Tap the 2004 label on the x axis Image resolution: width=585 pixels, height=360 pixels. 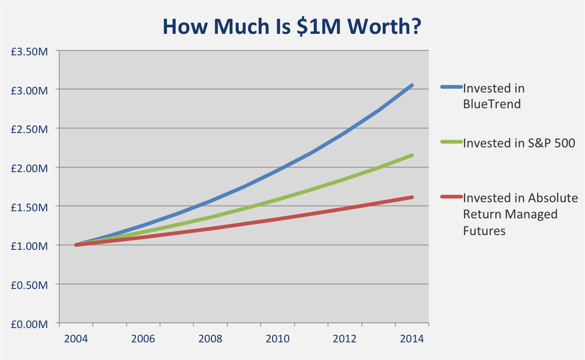click(76, 339)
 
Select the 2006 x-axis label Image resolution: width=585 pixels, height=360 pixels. click(143, 339)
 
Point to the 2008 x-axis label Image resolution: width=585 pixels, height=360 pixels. click(210, 339)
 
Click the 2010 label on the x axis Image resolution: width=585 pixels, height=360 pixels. click(278, 339)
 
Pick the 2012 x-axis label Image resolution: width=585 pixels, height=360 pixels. click(345, 339)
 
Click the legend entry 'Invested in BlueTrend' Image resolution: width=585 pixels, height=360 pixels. click(493, 95)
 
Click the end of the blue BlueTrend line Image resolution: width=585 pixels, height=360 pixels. click(412, 85)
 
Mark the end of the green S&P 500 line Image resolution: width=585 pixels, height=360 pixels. click(412, 155)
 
